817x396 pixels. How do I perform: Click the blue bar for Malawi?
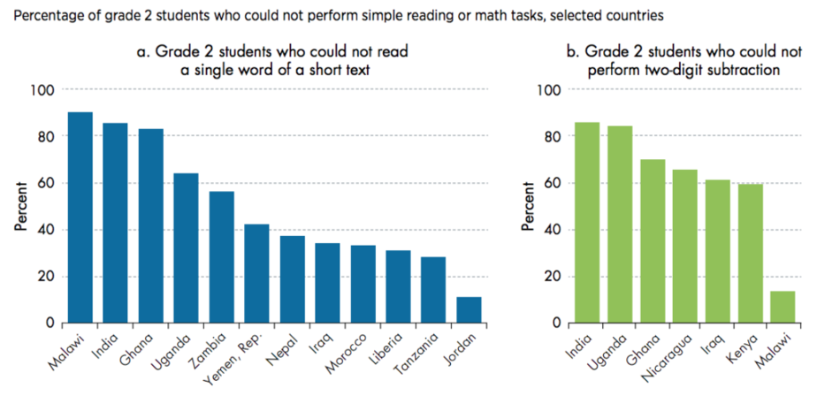click(x=80, y=217)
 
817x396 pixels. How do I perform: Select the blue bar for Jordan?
click(x=469, y=309)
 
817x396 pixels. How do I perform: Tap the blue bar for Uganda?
click(x=187, y=247)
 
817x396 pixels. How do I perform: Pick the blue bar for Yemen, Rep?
click(x=256, y=273)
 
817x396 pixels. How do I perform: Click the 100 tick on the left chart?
click(x=44, y=90)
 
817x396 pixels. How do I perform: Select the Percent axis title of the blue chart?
click(x=19, y=206)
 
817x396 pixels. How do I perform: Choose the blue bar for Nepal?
click(x=292, y=279)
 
